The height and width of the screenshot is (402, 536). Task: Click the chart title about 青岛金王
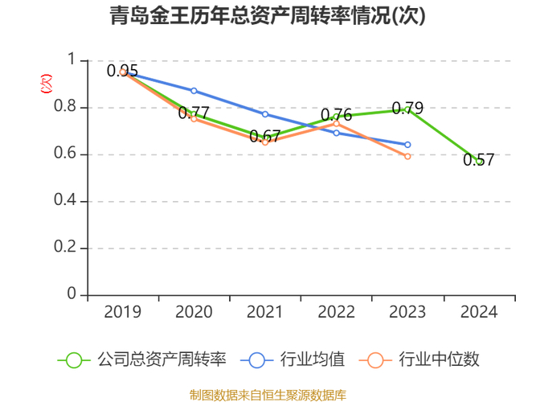[268, 16]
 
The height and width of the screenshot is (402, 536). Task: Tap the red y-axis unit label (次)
[47, 82]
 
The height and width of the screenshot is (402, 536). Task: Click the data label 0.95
[123, 71]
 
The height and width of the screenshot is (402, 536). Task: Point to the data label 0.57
[479, 160]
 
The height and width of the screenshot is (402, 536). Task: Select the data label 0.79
[407, 108]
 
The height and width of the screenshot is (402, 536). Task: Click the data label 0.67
[265, 137]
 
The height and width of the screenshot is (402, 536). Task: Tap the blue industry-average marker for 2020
[194, 91]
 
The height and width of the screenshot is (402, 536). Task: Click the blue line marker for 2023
[407, 145]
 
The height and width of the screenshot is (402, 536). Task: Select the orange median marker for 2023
[407, 156]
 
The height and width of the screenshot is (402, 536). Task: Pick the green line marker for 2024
[479, 161]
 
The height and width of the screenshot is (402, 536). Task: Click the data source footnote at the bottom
[268, 394]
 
